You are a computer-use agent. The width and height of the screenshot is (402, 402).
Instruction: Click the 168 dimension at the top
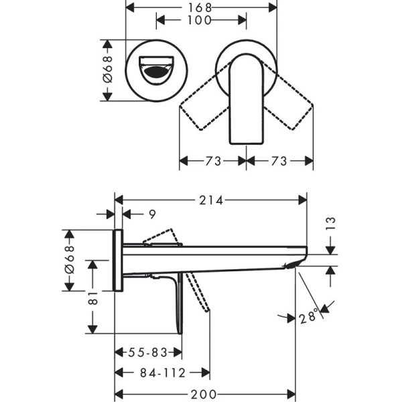[x=201, y=7]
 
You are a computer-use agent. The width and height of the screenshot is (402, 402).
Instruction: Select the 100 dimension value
[x=201, y=20]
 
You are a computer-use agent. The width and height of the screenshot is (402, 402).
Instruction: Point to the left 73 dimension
[x=212, y=161]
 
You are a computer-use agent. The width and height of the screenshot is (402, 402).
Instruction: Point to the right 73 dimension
[x=280, y=161]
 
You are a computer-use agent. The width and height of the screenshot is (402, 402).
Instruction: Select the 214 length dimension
[x=211, y=199]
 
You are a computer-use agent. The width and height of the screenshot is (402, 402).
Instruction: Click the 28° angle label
[x=308, y=316]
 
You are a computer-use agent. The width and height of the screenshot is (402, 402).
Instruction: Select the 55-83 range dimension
[x=148, y=352]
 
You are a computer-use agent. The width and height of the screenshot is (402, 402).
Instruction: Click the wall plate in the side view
[x=118, y=260]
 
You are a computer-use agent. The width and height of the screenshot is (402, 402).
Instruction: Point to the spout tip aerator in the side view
[x=291, y=266]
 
